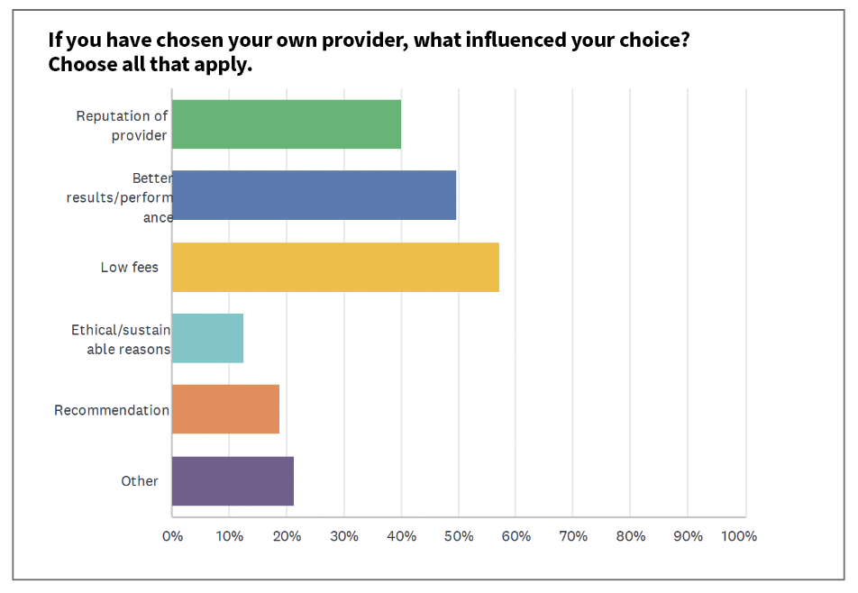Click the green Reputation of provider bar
click(x=286, y=124)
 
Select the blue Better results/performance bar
click(x=314, y=196)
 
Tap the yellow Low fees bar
click(x=335, y=267)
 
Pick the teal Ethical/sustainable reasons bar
click(x=207, y=338)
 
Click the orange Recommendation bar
click(x=225, y=409)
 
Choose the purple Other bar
click(x=233, y=480)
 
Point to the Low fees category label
click(x=129, y=268)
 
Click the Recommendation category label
click(x=112, y=410)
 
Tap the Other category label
click(x=140, y=481)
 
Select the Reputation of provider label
click(x=122, y=125)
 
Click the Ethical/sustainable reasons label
click(x=121, y=340)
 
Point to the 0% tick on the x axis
click(x=172, y=536)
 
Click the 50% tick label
click(x=459, y=536)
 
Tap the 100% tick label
click(x=739, y=536)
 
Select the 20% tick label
click(x=287, y=536)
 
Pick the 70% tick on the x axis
click(x=573, y=536)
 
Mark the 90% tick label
click(x=688, y=536)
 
